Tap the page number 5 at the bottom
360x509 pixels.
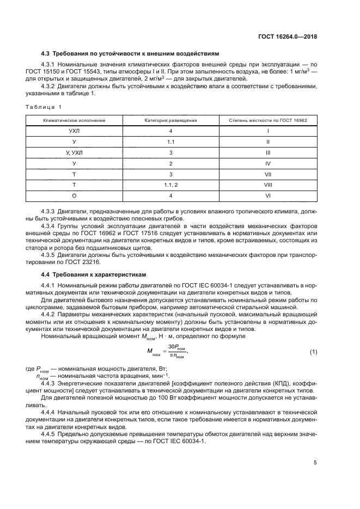tap(315, 463)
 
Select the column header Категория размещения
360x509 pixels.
tap(170, 119)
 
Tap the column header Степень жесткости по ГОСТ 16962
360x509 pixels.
tap(267, 119)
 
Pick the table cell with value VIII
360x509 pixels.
tap(267, 185)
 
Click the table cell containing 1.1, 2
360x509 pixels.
tap(170, 185)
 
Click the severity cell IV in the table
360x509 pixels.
tap(267, 163)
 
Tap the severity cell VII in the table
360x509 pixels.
tap(267, 174)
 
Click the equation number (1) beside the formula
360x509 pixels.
tap(313, 353)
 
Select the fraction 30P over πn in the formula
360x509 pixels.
tap(176, 353)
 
